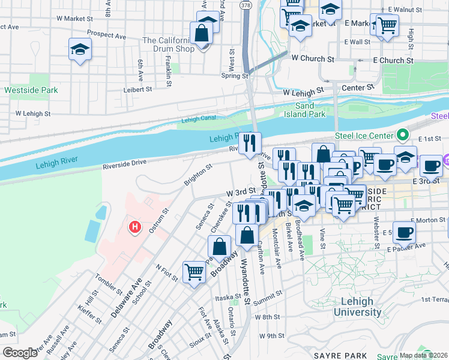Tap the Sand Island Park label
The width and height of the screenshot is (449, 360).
tap(313, 110)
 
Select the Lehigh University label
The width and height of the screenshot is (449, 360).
tap(357, 307)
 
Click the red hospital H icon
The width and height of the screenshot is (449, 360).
tap(135, 227)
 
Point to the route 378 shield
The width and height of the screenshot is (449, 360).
tap(245, 4)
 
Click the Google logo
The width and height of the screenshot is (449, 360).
tap(20, 353)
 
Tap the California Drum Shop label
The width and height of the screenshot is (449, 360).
tap(168, 44)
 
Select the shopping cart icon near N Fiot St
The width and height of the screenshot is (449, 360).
tap(194, 272)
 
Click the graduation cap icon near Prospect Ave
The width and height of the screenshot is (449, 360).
tap(80, 50)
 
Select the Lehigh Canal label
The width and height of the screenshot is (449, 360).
tap(198, 119)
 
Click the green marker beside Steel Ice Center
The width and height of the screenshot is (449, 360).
tap(404, 136)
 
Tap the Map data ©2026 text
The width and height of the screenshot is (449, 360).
tap(424, 355)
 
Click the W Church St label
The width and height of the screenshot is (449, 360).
tap(312, 59)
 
